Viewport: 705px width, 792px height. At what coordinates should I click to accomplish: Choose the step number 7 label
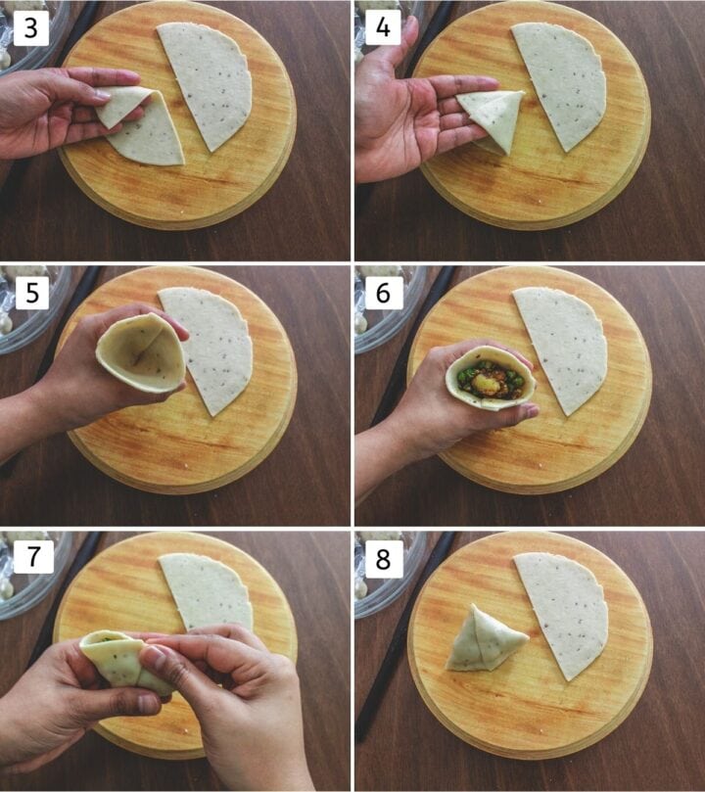[30, 557]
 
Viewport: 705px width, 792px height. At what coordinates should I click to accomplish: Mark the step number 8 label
[383, 557]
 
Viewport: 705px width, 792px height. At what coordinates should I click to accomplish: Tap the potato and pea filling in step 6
[490, 379]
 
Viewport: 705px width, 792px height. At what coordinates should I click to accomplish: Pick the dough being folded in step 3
[142, 127]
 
